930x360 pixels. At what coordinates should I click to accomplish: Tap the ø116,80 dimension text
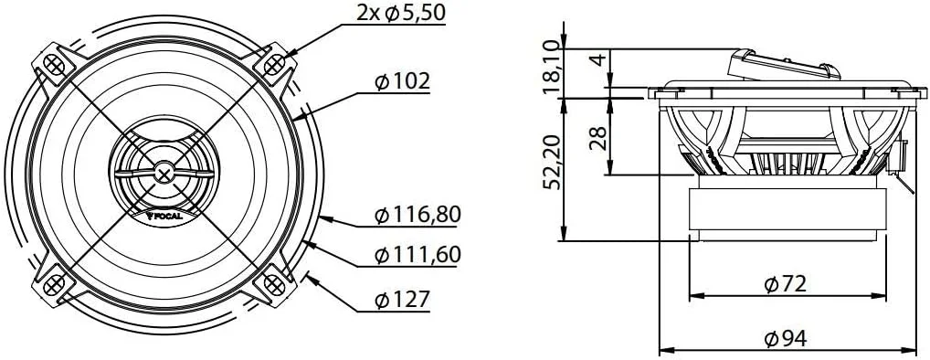coord(417,216)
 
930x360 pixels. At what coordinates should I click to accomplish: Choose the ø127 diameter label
coord(402,299)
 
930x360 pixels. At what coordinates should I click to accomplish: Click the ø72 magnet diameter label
coord(786,284)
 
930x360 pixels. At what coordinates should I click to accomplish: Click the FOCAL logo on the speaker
coord(164,217)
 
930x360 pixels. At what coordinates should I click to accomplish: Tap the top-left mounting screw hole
coord(54,65)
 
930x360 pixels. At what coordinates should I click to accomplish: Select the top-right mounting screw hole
coord(275,64)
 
